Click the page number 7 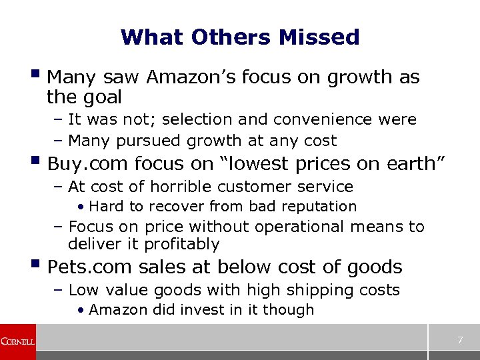[x=460, y=341]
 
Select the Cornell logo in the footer [x=17, y=341]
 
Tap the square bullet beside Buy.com [x=35, y=161]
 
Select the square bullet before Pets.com [x=35, y=265]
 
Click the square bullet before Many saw [x=35, y=75]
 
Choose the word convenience [x=340, y=120]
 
